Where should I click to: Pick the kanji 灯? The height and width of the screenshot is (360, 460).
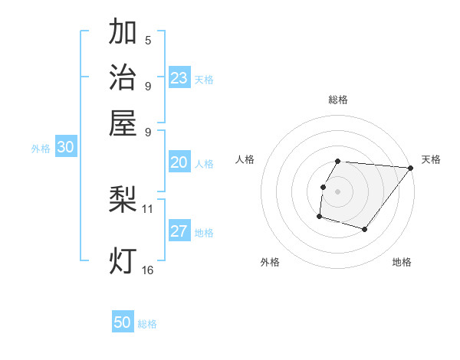(123, 261)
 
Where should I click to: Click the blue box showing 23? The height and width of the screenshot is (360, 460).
(179, 78)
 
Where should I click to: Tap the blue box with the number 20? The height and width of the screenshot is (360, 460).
(179, 162)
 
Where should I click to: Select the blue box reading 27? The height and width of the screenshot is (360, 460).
(179, 232)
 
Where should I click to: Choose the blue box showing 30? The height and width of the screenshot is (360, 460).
(65, 148)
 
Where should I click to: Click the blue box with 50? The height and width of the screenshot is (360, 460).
(123, 322)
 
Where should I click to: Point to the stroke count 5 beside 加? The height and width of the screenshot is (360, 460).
(148, 41)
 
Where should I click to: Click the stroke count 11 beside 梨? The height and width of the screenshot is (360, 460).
(148, 208)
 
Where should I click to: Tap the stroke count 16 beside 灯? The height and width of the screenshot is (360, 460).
(148, 270)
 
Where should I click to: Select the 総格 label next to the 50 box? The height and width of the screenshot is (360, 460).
(147, 324)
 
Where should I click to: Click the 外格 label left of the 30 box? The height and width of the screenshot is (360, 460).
(41, 149)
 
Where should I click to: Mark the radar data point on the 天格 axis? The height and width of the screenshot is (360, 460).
(410, 168)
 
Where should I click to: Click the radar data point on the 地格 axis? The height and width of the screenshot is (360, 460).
(365, 229)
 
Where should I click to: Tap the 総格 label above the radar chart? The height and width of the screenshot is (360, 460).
(338, 100)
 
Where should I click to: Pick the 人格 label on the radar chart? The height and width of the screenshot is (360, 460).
(245, 159)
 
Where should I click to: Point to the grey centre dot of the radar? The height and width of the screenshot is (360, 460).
(338, 191)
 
